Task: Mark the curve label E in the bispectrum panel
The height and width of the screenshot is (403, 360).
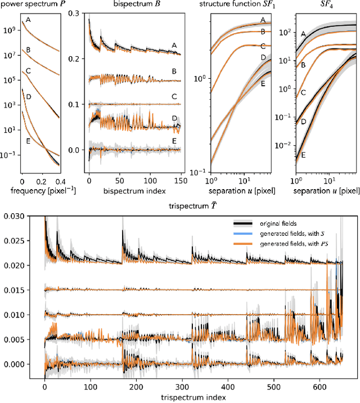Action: coord(174,140)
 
